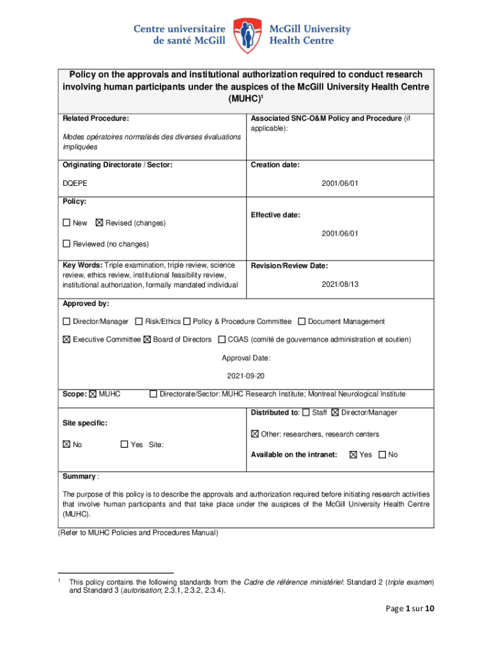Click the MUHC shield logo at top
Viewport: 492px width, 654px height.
tap(246, 34)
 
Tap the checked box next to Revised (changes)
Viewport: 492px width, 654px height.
tap(98, 223)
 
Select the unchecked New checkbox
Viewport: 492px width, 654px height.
tap(66, 223)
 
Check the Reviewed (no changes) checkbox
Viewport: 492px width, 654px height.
tap(66, 244)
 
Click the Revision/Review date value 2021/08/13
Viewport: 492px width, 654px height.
tap(340, 284)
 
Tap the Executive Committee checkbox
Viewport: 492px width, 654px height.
tap(66, 339)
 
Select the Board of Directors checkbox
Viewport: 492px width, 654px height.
tap(147, 339)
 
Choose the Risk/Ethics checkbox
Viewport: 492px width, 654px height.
tap(139, 321)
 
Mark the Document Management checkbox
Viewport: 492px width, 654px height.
tap(302, 321)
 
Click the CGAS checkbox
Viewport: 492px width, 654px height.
tap(222, 339)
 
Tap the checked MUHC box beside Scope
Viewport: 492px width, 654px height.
tap(93, 394)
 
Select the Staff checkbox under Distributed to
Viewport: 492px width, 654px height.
tap(306, 413)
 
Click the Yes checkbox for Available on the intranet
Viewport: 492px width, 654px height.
tap(353, 455)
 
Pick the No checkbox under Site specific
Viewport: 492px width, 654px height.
tap(66, 445)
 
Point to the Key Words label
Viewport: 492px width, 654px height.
tap(82, 265)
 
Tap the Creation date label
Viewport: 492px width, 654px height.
tap(275, 165)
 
